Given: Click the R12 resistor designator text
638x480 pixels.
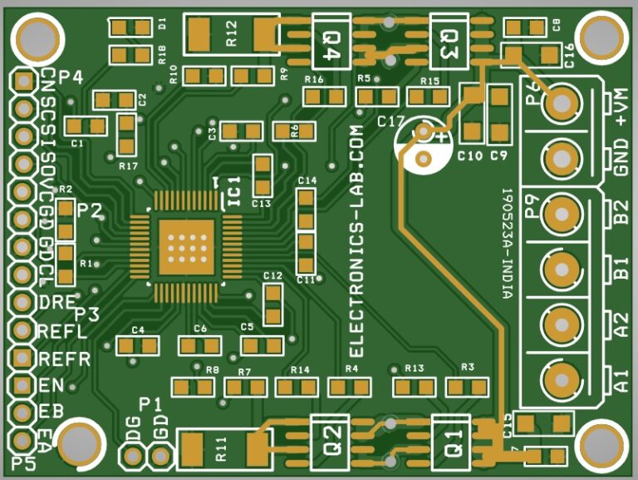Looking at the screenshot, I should click(x=232, y=34).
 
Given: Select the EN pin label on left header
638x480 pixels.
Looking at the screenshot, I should click(x=51, y=385).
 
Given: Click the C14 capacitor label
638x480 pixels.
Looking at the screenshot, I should click(x=307, y=181).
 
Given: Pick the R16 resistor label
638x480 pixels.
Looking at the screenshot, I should click(x=313, y=80).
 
